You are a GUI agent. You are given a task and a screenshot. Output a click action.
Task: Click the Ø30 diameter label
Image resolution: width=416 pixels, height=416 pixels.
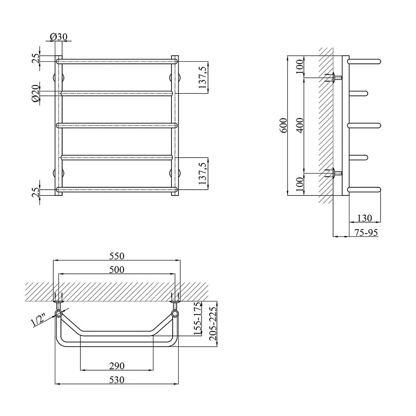[58, 37]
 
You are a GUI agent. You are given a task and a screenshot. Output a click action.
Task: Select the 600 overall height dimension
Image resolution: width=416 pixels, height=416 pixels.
[284, 126]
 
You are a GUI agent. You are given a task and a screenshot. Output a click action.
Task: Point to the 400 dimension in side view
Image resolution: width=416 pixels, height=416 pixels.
[299, 126]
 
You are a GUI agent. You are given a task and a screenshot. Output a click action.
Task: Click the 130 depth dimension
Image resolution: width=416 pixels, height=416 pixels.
[364, 218]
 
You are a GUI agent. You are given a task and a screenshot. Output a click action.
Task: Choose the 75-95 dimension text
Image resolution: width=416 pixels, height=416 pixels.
[366, 232]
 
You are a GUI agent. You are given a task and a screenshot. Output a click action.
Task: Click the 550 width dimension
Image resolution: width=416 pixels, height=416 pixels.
[117, 256]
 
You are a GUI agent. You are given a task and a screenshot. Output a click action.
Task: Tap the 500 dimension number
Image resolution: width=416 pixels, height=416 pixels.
[117, 270]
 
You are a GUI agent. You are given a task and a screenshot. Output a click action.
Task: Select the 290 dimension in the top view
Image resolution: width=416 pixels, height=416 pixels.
[117, 366]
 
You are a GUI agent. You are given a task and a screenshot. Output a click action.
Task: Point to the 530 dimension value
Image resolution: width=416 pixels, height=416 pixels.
[117, 380]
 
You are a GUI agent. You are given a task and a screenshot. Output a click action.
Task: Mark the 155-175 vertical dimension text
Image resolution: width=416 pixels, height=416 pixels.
[198, 318]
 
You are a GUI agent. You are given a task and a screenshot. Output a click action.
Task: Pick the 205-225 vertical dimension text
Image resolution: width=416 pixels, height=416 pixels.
[213, 324]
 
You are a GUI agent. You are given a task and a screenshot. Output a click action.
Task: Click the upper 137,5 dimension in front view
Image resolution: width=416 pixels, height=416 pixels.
[202, 78]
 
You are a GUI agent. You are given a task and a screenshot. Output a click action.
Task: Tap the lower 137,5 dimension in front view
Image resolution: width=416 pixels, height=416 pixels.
[202, 173]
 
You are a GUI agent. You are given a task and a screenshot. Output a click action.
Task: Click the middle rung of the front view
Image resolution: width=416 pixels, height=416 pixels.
[117, 126]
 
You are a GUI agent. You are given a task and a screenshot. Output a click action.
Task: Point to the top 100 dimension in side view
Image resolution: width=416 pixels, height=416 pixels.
[299, 67]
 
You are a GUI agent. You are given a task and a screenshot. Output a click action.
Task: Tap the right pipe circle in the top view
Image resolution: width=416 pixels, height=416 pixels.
[175, 314]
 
